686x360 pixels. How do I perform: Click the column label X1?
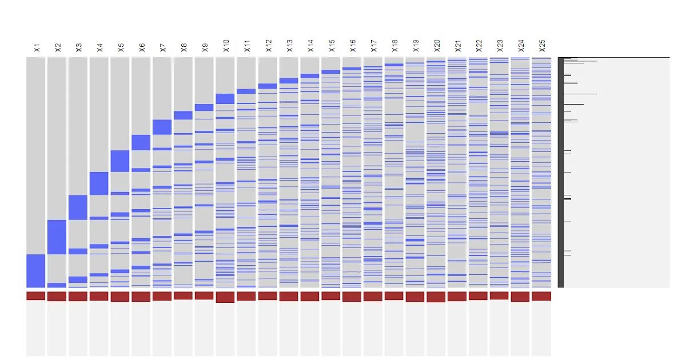(x=37, y=47)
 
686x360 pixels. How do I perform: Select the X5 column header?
(x=121, y=47)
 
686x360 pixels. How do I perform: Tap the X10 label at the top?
(x=226, y=46)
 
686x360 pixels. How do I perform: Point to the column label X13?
(x=289, y=46)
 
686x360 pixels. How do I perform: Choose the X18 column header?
(x=394, y=46)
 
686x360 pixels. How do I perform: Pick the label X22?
(x=478, y=46)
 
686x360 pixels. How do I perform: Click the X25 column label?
(x=542, y=46)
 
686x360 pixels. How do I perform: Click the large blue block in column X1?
(x=35, y=271)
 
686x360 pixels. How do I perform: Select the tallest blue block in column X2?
(x=57, y=237)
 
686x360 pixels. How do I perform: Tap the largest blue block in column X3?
(x=78, y=207)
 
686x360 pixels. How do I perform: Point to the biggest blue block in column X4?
(x=99, y=183)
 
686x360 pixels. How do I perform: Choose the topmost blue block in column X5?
(x=120, y=161)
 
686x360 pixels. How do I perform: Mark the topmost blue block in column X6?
(x=141, y=142)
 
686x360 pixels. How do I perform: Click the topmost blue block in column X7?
(x=162, y=127)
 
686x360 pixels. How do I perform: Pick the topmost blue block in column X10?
(x=225, y=99)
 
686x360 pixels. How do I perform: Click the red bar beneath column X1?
(x=35, y=296)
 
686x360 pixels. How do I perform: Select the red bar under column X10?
(x=225, y=297)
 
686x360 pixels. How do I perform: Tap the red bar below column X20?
(x=436, y=297)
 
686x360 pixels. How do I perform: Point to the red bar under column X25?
(x=541, y=296)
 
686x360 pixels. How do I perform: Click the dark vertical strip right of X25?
(x=561, y=171)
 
